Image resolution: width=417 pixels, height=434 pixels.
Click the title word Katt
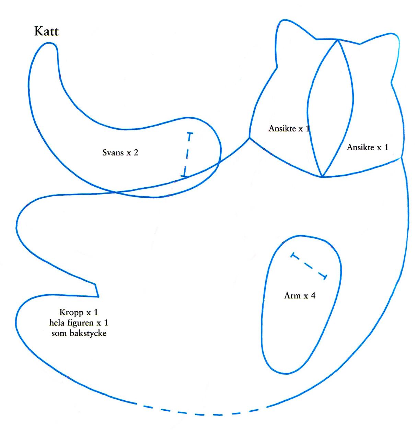coord(46,32)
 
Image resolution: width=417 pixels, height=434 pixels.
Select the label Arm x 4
coord(300,295)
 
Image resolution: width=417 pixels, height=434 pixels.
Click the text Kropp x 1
coord(79,313)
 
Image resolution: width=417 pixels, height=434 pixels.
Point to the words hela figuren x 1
coord(79,323)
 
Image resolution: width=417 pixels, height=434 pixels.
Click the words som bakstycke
coord(79,333)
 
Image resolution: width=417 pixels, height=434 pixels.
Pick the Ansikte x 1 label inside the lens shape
coord(289,129)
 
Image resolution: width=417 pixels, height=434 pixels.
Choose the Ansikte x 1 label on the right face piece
coord(367,147)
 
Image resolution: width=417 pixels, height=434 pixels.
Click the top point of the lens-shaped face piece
coord(338,40)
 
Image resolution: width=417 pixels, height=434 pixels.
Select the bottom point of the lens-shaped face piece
coord(322,177)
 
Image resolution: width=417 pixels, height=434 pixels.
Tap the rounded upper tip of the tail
coord(48,44)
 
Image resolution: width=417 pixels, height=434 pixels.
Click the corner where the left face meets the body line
coord(249,138)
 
